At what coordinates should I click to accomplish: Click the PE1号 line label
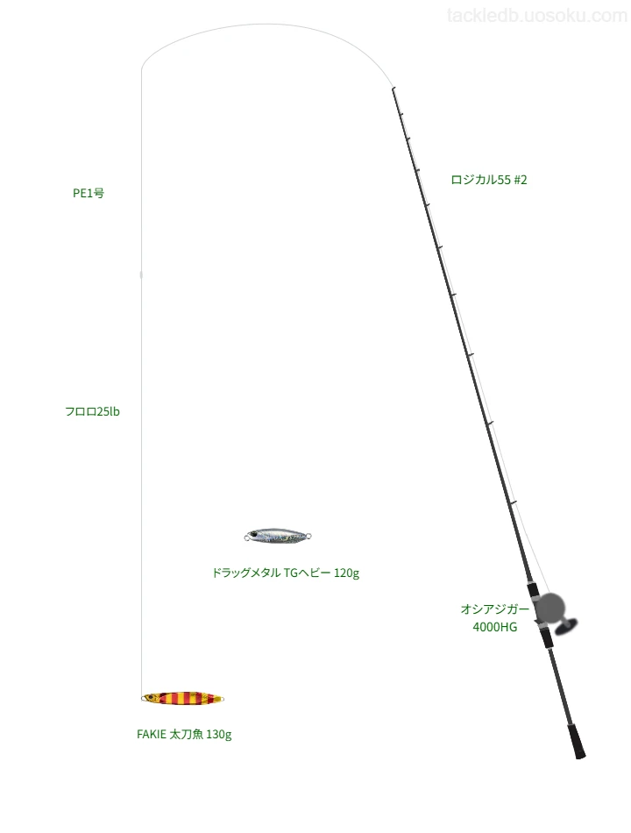point(89,193)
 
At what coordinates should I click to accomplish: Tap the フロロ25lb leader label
point(92,411)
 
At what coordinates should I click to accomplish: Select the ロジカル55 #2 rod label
point(489,180)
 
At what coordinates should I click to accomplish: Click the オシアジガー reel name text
point(495,609)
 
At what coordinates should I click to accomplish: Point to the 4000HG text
point(495,627)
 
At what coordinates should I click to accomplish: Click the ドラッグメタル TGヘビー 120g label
point(286,573)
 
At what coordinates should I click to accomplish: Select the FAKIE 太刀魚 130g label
point(184,734)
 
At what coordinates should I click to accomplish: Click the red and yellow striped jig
point(182,698)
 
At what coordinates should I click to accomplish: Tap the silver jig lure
point(277,536)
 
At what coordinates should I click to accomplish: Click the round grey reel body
point(549,609)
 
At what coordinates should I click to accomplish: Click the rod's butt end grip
point(578,742)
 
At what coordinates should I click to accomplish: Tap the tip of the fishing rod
point(393,89)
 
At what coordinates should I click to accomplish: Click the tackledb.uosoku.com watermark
point(537,16)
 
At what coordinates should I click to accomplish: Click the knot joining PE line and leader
point(141,274)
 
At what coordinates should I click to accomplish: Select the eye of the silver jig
point(255,534)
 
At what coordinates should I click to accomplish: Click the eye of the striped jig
point(152,695)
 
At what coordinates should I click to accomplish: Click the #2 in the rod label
point(520,180)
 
